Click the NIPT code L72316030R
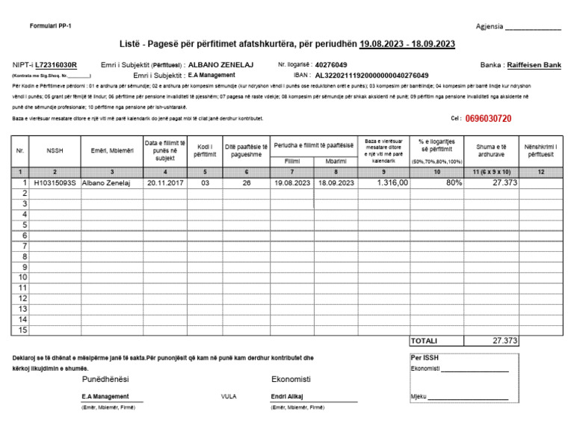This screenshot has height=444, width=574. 56,65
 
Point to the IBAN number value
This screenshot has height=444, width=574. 371,75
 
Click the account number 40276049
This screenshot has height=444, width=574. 331,65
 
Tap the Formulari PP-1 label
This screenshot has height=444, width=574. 50,26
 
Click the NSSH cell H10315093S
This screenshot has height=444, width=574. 55,182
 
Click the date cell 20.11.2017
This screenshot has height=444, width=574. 164,182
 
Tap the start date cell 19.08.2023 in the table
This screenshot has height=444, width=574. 291,182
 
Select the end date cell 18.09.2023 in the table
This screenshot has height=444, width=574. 336,182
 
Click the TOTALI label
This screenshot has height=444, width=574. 425,341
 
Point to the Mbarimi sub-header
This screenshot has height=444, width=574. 336,161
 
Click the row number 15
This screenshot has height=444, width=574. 22,330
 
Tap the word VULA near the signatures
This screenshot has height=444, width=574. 229,396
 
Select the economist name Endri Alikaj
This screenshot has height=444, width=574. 287,396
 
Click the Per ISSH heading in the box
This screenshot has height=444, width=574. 425,357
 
